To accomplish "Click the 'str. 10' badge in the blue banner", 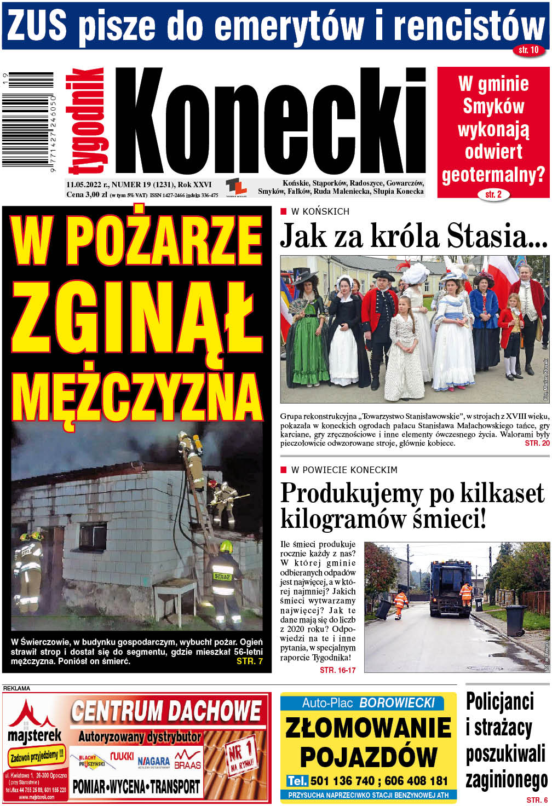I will click(528, 50).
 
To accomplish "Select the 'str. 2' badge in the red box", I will click(493, 194).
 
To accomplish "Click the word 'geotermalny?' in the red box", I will click(493, 175).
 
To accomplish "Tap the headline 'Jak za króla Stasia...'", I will click(414, 236).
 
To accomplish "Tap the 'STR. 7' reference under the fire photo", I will click(249, 661).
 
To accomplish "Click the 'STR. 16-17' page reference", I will click(337, 670).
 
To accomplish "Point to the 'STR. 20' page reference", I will click(537, 443).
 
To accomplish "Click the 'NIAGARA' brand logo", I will click(153, 761).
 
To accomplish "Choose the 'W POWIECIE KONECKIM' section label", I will click(344, 470).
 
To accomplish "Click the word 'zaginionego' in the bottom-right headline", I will click(507, 780).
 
